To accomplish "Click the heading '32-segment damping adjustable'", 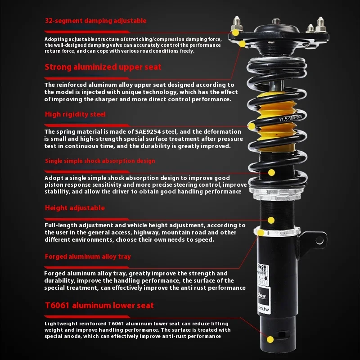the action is pyautogui.click(x=95, y=21).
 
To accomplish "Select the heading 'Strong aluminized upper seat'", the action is pyautogui.click(x=103, y=67).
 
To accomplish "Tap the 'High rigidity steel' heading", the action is pyautogui.click(x=75, y=114).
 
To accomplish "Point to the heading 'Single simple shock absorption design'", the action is pyautogui.click(x=100, y=161).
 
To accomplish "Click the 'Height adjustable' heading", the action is pyautogui.click(x=75, y=208).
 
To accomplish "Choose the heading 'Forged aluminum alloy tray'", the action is pyautogui.click(x=88, y=256).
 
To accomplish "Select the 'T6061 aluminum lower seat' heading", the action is pyautogui.click(x=99, y=306).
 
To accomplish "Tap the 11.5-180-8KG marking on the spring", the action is pyautogui.click(x=291, y=118).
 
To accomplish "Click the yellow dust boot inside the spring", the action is pyautogui.click(x=275, y=121).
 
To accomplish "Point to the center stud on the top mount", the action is pyautogui.click(x=276, y=22).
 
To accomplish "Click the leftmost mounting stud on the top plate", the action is pyautogui.click(x=237, y=23).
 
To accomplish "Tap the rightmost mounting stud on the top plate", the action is pyautogui.click(x=320, y=24).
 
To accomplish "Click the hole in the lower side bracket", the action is pyautogui.click(x=319, y=240).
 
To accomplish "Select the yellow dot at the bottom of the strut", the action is pyautogui.click(x=270, y=339).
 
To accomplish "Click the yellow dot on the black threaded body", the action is pyautogui.click(x=271, y=220).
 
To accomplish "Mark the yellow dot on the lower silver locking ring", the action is pyautogui.click(x=261, y=233).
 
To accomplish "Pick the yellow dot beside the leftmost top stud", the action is pyautogui.click(x=235, y=32).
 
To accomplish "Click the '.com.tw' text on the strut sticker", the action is pyautogui.click(x=263, y=308).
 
